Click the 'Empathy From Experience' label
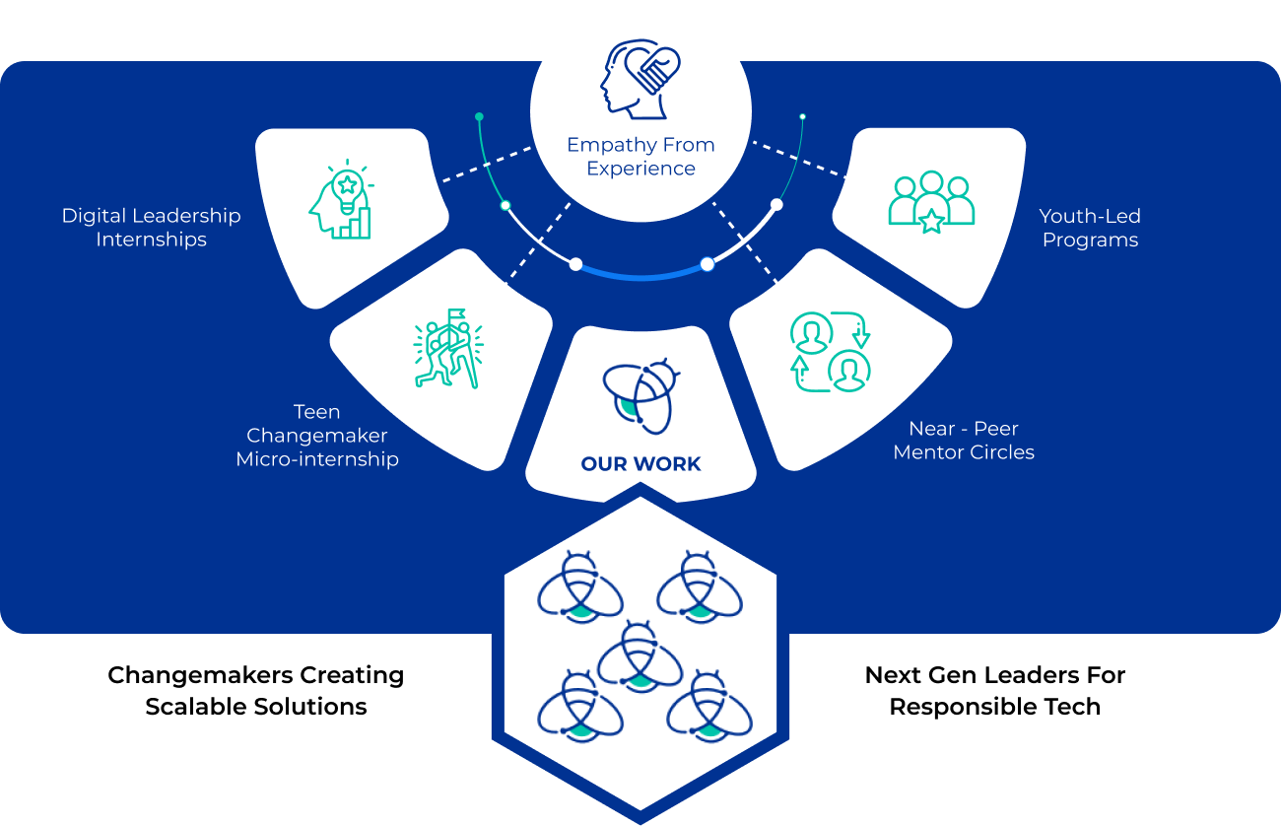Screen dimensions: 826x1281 pos(640,157)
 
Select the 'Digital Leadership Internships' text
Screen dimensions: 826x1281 pos(151,228)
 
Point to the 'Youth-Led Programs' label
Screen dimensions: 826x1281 pos(1089,228)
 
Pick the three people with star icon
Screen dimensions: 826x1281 pos(931,203)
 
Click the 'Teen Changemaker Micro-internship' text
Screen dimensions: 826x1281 pos(317,435)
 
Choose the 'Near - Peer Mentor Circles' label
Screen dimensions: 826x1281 pos(964,441)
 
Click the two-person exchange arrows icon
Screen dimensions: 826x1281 pos(831,352)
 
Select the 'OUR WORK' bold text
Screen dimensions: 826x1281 pos(640,464)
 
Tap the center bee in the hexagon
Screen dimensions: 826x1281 pos(640,654)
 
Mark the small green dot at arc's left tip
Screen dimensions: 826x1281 pos(479,116)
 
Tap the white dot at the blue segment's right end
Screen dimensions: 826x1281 pos(707,263)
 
